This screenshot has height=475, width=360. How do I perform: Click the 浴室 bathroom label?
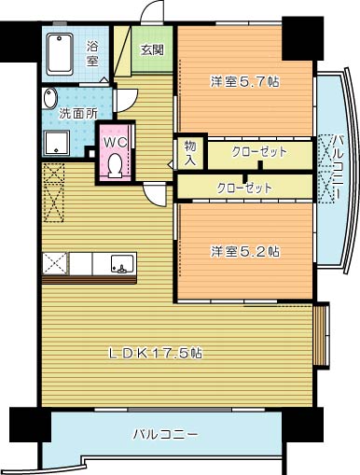(92, 53)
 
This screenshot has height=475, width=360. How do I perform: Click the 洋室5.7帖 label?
(244, 81)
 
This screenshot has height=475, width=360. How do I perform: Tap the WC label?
(115, 142)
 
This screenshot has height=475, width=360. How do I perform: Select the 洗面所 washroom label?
(77, 114)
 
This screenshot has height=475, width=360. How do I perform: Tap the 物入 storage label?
(190, 153)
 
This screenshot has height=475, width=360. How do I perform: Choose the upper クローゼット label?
(258, 152)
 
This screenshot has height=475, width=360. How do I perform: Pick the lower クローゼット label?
(244, 188)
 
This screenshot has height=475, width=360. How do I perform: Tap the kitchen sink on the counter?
(120, 262)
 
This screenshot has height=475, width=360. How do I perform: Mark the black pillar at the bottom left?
(26, 426)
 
